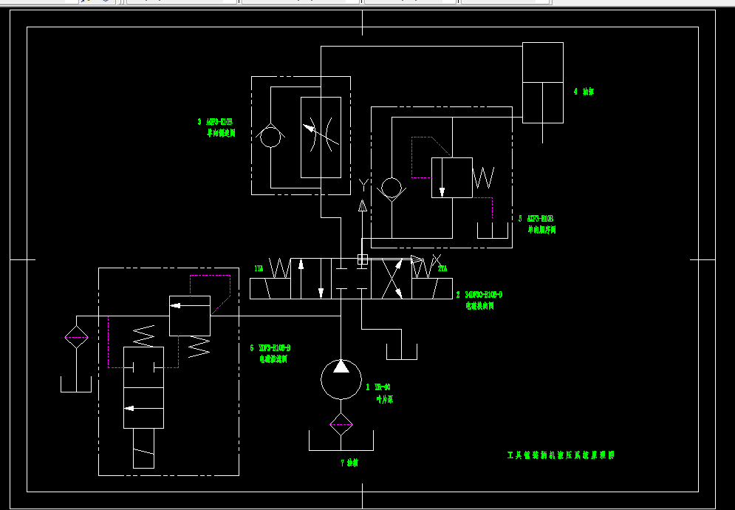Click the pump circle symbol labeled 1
pos(341,378)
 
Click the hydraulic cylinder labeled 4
pos(542,82)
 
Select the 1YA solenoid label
pos(258,268)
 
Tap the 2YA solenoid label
pos(442,268)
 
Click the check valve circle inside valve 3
pos(270,137)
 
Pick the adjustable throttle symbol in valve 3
pos(321,137)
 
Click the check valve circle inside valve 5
pos(391,187)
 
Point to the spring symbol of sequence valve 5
pos(484,177)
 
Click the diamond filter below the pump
pos(341,423)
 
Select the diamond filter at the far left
pos(75,338)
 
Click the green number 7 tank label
pos(343,463)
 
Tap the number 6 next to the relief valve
pos(253,347)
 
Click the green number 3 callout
pos(199,122)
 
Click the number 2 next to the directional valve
pos(458,294)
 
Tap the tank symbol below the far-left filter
pos(75,384)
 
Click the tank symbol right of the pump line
pos(401,352)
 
